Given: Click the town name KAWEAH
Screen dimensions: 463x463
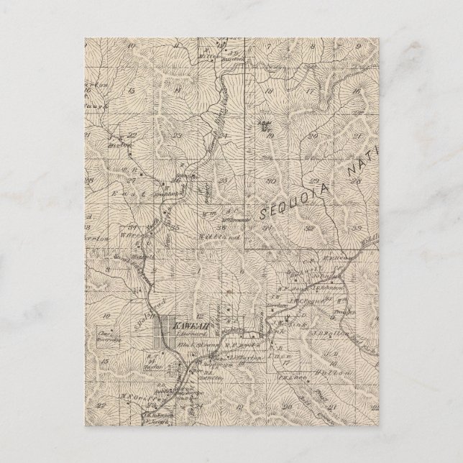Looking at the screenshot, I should coord(179,327).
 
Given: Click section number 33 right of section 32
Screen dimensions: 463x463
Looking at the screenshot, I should coord(355,228).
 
